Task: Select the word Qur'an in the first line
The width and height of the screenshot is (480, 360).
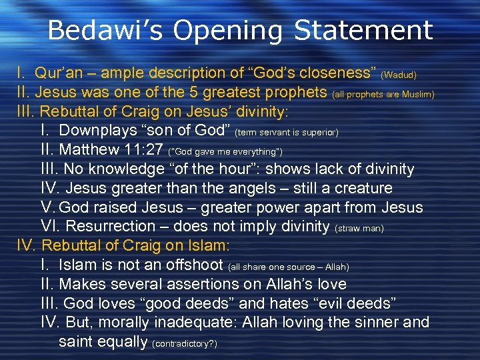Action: [59, 72]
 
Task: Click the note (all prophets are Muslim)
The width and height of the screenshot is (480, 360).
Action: [383, 94]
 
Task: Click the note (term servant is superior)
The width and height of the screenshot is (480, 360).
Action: [287, 133]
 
